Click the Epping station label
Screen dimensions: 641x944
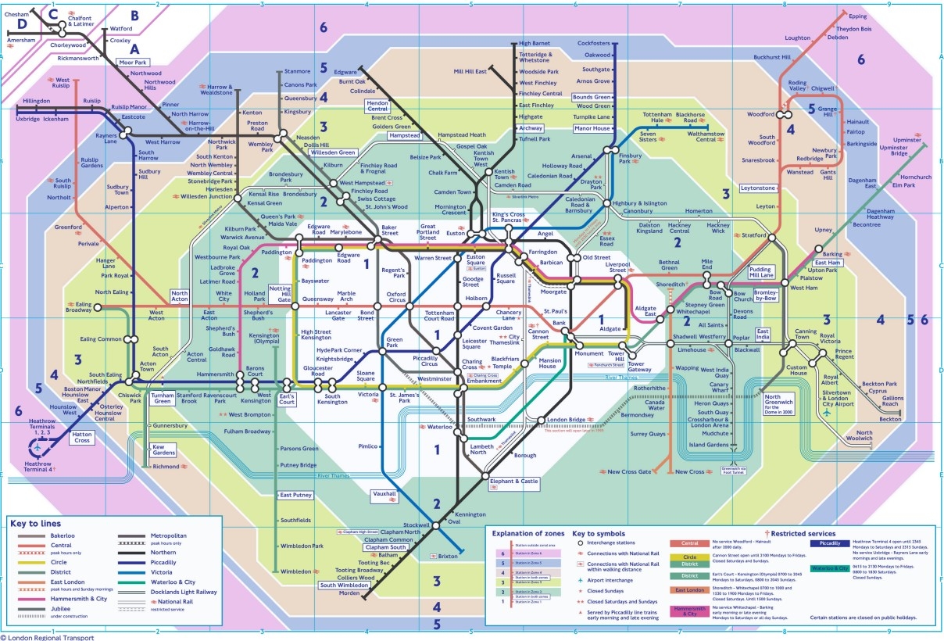tap(857, 16)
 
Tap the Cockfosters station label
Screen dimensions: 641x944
tap(594, 43)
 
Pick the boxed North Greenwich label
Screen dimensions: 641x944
tap(778, 400)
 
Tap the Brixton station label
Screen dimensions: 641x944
tap(447, 556)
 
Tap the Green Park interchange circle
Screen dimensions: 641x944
tap(382, 352)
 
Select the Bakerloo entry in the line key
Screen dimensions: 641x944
tap(68, 535)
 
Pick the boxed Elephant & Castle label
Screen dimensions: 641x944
tap(514, 482)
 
